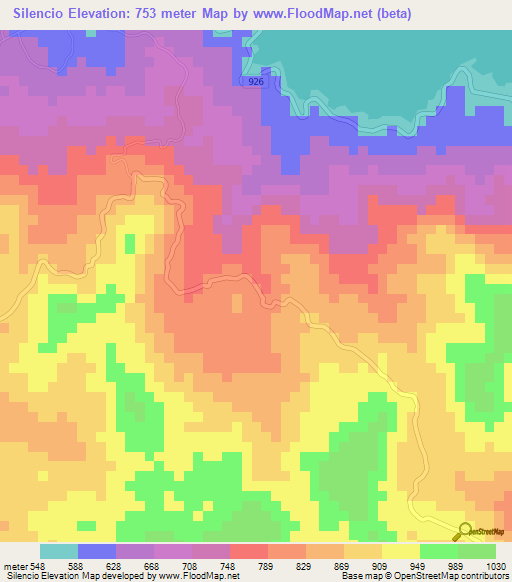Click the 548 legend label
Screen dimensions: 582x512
pyautogui.click(x=37, y=565)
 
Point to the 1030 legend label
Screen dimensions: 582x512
pyautogui.click(x=497, y=565)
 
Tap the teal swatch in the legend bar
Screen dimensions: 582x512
pyautogui.click(x=58, y=551)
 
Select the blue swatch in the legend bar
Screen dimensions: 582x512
pyautogui.click(x=97, y=551)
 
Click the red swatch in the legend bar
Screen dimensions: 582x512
pyautogui.click(x=251, y=551)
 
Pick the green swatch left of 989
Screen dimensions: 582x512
pyautogui.click(x=438, y=551)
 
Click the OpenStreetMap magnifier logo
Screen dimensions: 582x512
pyautogui.click(x=464, y=531)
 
